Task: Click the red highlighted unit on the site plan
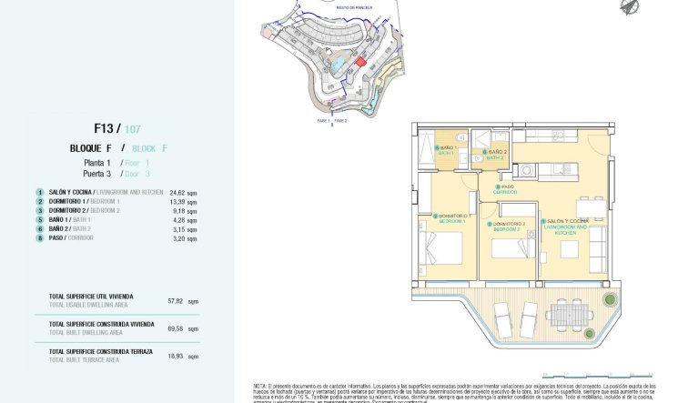[x=359, y=62]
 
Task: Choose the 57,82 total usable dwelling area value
[x=176, y=300]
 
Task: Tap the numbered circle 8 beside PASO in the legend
[x=40, y=238]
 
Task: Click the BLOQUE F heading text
[x=91, y=148]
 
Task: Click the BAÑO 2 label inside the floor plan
[x=496, y=154]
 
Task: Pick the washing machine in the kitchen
[x=525, y=169]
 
